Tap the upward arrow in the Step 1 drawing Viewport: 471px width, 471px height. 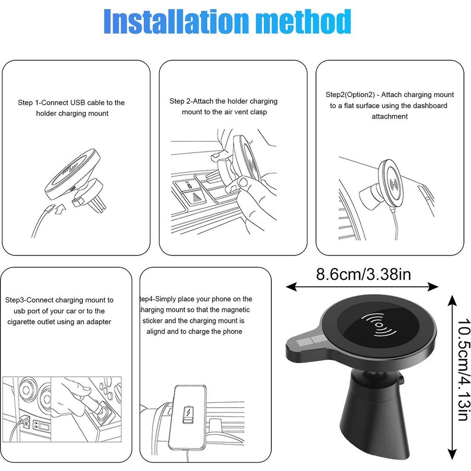point(60,209)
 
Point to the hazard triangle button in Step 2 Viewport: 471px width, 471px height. point(196,198)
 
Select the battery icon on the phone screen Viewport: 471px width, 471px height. point(188,415)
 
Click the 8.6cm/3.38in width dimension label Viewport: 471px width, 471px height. point(363,274)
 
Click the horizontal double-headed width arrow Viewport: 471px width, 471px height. point(362,287)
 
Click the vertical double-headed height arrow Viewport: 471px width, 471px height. point(452,377)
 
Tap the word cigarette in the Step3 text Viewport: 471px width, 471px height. point(21,322)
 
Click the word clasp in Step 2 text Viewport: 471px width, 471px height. point(258,112)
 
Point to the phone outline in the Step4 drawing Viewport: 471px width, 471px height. point(188,417)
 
